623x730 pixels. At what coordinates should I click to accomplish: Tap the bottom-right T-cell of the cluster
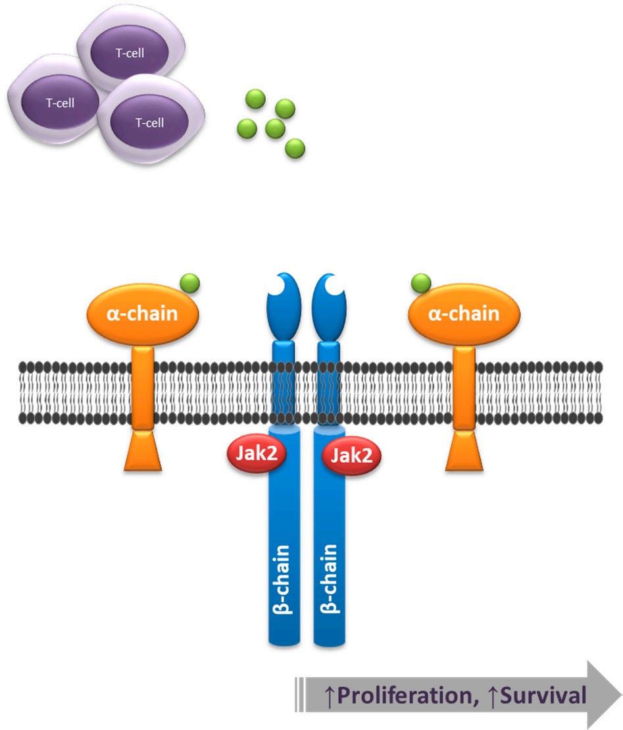coord(149,122)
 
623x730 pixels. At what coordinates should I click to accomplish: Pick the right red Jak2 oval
coord(351,456)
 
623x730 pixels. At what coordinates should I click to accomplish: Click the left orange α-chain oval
coord(142,313)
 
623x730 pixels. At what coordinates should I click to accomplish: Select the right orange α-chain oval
coord(464,313)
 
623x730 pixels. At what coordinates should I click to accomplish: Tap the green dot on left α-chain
coord(189,284)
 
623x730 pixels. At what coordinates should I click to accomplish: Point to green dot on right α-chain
coord(420,284)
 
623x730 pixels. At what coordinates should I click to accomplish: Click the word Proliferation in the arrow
coord(404,695)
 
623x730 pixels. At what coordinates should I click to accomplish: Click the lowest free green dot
coord(295,148)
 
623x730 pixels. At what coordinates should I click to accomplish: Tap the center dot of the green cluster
coord(275,128)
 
